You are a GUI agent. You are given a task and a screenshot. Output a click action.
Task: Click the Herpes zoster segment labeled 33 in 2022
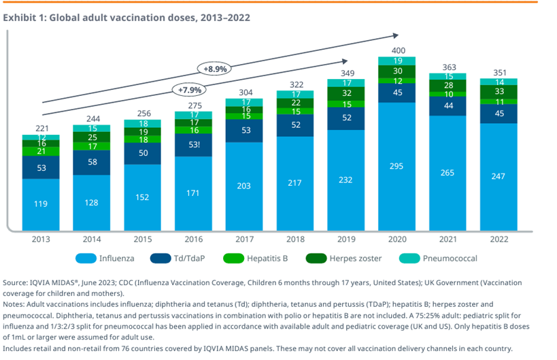[500, 91]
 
